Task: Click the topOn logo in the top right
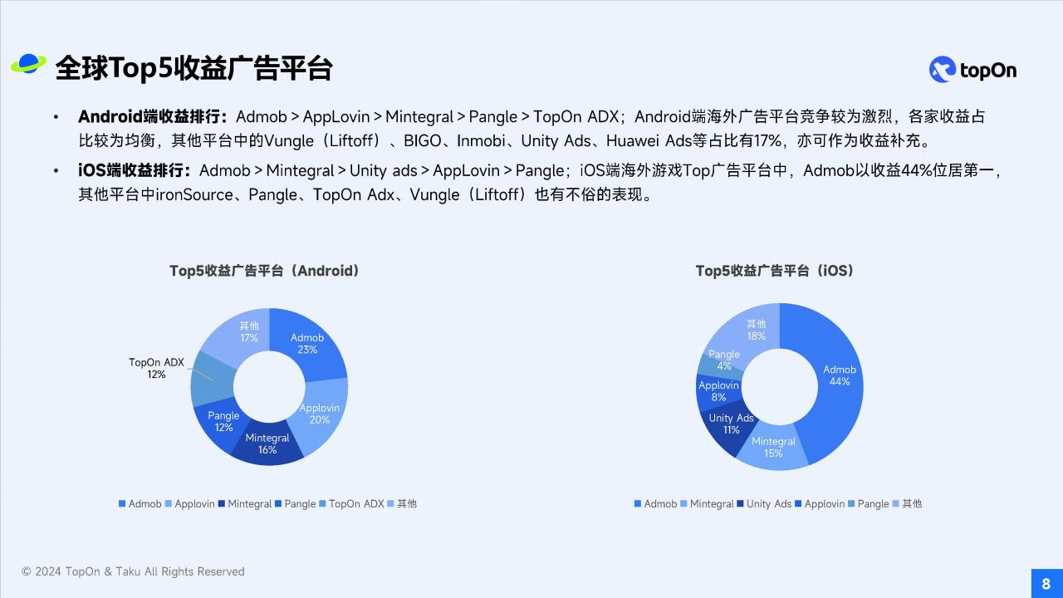(x=972, y=70)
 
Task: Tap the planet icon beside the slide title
(x=28, y=64)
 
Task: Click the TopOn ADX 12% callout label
(x=156, y=368)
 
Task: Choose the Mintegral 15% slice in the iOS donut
(x=773, y=447)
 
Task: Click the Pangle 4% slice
(x=722, y=360)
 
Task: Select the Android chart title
(x=264, y=271)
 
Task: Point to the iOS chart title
(x=775, y=271)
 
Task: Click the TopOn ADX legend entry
(x=351, y=503)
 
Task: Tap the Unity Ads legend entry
(x=764, y=503)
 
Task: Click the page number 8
(x=1046, y=583)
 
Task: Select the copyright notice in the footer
(x=133, y=571)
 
